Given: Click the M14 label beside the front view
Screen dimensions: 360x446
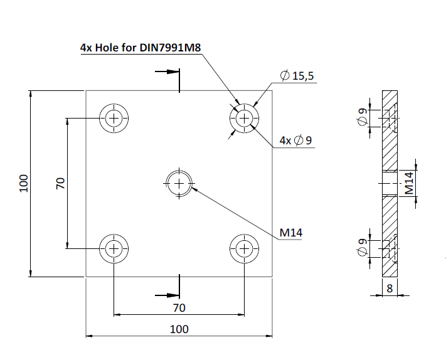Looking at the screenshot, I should coord(291,233).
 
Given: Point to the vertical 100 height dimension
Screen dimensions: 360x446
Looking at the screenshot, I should coord(24,183).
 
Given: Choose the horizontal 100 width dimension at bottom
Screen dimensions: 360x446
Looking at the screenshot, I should coord(179,329).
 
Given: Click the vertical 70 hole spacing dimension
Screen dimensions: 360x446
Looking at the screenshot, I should coord(60,183).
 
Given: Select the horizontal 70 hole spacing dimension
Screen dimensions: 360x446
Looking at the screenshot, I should coord(179,307).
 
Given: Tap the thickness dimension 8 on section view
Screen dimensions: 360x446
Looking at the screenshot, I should coord(390,289).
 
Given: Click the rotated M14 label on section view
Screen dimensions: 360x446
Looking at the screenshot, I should coord(408,183).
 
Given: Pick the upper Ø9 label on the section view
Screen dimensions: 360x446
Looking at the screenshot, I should coord(362,117).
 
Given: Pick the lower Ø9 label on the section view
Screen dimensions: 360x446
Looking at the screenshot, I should coord(362,249).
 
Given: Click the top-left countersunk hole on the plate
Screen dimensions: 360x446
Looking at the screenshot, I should coord(114,117).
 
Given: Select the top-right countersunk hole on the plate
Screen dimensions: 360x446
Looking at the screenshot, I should coord(244,117).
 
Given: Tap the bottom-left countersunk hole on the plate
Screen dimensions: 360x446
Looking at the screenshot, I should coord(114,249).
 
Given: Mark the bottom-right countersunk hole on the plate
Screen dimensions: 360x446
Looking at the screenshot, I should coord(244,249).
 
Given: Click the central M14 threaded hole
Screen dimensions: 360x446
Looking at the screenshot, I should coord(179,183).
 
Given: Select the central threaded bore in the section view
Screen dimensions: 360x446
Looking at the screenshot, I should coord(390,183).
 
